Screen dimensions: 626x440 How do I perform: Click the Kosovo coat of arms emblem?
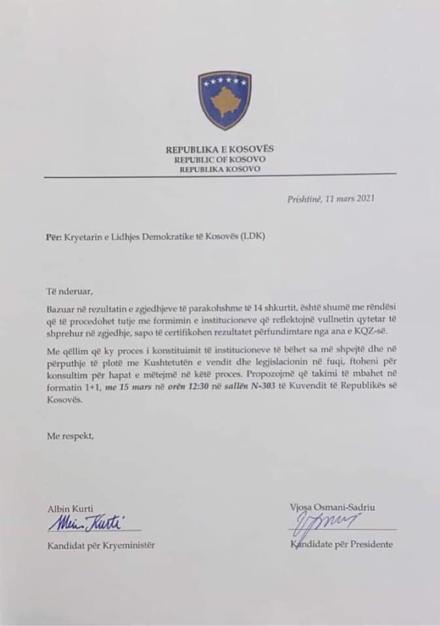click(225, 100)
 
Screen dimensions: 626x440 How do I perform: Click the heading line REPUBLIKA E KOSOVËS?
click(219, 149)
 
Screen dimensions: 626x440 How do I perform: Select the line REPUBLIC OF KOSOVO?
click(219, 159)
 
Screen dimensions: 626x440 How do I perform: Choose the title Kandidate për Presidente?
click(341, 544)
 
